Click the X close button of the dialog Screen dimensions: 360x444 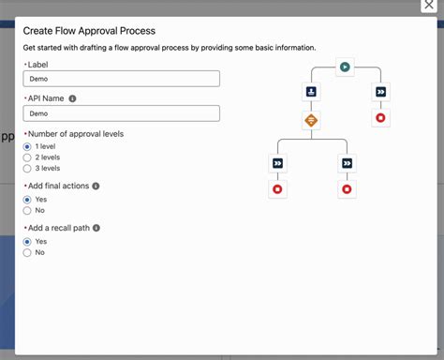pyautogui.click(x=429, y=6)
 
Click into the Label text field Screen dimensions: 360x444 pyautogui.click(x=121, y=80)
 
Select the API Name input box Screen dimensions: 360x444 pyautogui.click(x=121, y=113)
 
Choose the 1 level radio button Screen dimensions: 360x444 pyautogui.click(x=27, y=146)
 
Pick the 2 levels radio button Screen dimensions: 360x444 pyautogui.click(x=27, y=157)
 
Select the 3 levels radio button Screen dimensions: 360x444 pyautogui.click(x=27, y=169)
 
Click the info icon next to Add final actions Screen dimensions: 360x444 pyautogui.click(x=96, y=187)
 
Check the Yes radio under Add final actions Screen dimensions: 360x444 pyautogui.click(x=27, y=200)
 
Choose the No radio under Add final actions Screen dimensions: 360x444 pyautogui.click(x=27, y=211)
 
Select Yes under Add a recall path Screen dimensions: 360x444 pyautogui.click(x=27, y=241)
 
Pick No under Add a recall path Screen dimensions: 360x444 pyautogui.click(x=27, y=252)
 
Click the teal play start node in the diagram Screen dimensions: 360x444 pyautogui.click(x=345, y=67)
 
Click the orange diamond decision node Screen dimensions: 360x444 pyautogui.click(x=311, y=119)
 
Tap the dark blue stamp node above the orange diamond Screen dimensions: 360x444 pyautogui.click(x=311, y=92)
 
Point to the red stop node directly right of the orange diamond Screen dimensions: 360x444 pyautogui.click(x=380, y=118)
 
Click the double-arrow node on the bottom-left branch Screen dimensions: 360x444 pyautogui.click(x=277, y=163)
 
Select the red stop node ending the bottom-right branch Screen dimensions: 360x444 pyautogui.click(x=347, y=189)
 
